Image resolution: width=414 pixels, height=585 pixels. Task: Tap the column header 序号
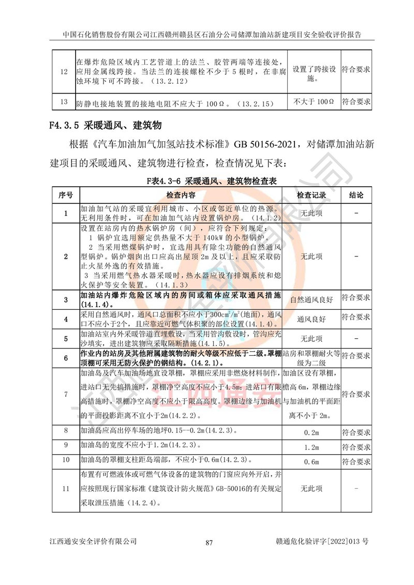click(x=66, y=196)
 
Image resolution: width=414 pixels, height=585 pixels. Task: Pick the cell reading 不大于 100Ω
click(x=314, y=102)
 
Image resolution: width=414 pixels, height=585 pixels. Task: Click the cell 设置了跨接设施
click(x=314, y=74)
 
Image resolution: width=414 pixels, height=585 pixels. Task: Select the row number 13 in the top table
click(x=64, y=102)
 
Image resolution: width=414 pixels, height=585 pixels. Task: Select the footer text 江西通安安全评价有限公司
click(x=93, y=542)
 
